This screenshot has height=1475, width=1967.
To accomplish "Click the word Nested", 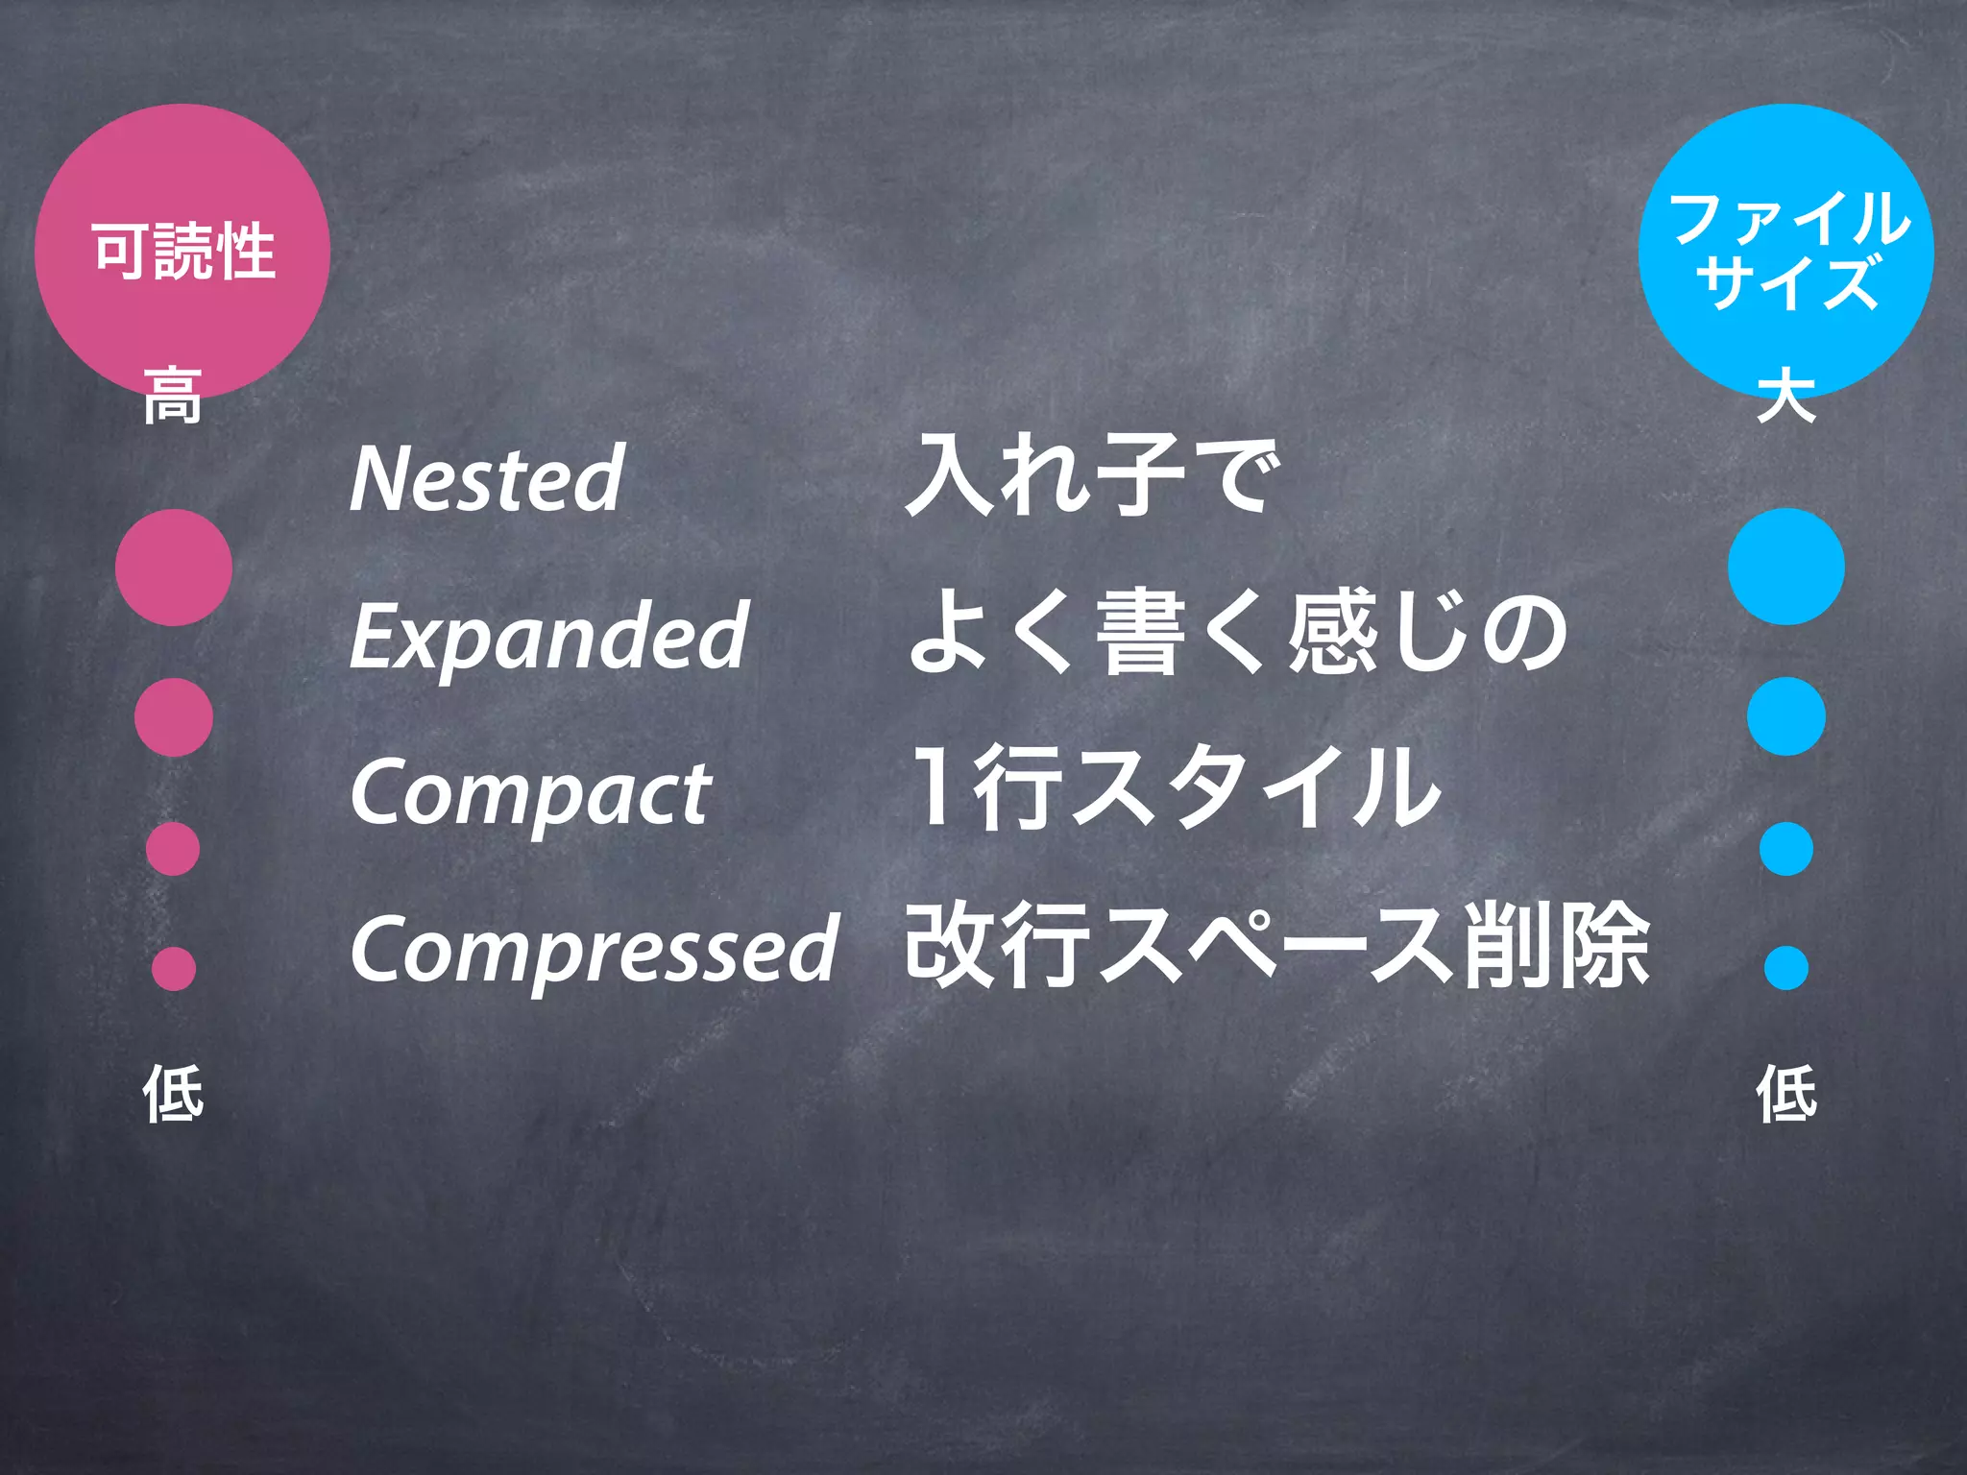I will click(487, 477).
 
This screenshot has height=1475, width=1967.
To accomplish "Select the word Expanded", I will click(548, 635).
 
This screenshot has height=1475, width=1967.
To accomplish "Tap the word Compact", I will click(530, 793).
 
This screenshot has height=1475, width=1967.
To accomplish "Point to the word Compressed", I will click(595, 950).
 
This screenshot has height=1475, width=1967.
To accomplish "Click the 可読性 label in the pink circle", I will click(183, 251).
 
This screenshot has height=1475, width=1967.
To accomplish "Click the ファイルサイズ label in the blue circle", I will click(1786, 250).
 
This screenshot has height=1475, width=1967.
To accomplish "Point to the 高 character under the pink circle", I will click(173, 395).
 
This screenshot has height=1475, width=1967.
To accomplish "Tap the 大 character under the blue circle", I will click(1786, 395).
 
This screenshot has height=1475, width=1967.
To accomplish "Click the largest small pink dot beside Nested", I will click(174, 568).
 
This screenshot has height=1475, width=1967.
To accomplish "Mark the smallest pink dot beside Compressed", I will click(174, 968).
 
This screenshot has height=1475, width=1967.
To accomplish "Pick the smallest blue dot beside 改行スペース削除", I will click(1786, 967).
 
